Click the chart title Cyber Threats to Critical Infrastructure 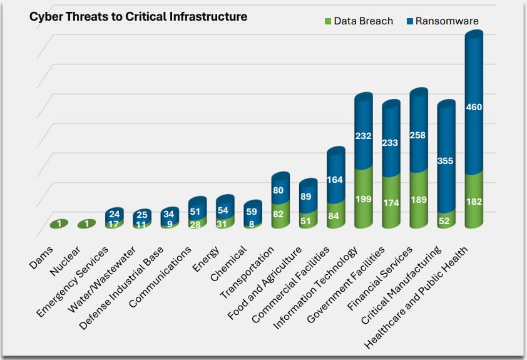[138, 17]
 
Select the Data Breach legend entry [358, 21]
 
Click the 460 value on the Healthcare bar [474, 107]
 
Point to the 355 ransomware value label [446, 161]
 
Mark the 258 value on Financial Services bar [419, 135]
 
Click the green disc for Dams [60, 224]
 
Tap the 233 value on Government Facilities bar [391, 142]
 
